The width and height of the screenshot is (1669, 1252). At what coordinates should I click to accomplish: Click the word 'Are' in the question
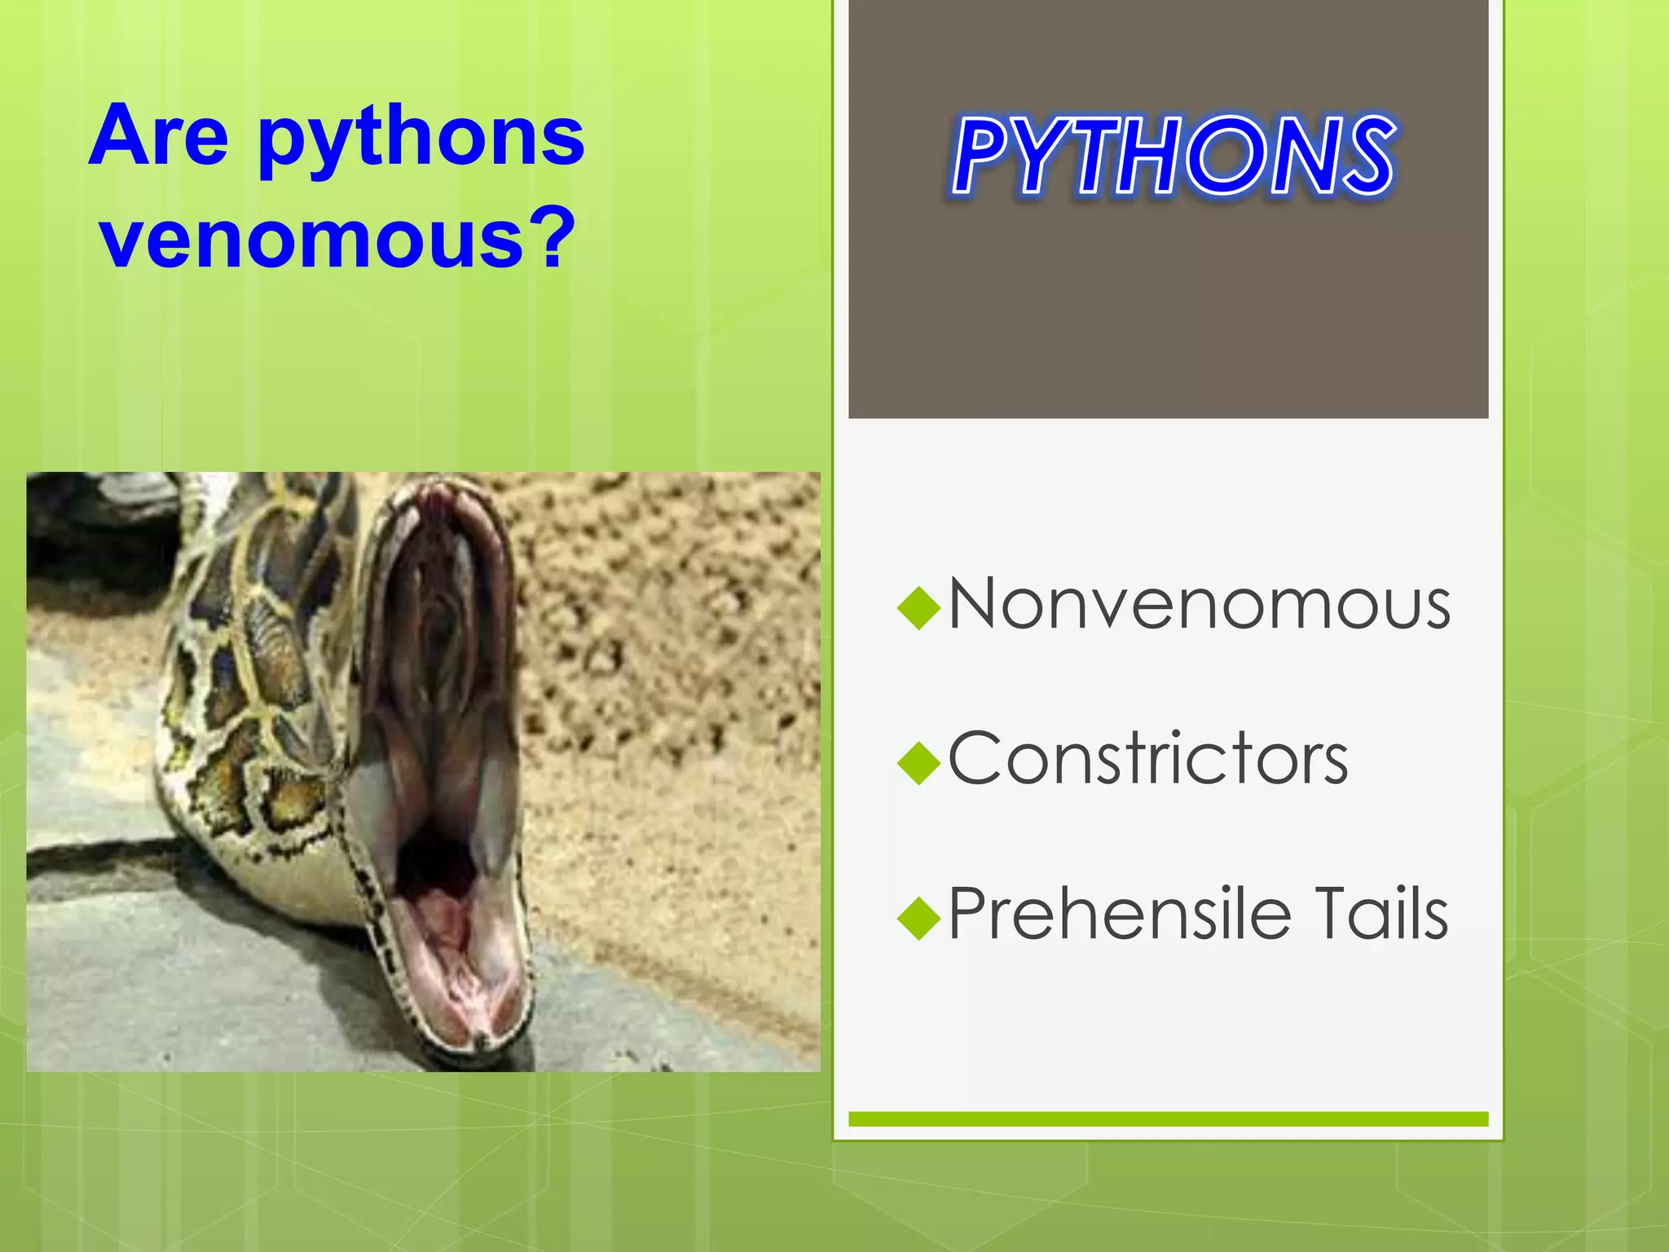click(159, 136)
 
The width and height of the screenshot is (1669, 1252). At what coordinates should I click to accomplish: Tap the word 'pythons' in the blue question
click(421, 139)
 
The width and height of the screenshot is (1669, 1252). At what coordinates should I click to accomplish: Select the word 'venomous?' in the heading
click(337, 238)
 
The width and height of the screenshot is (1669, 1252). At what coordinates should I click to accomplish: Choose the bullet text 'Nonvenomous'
click(1199, 605)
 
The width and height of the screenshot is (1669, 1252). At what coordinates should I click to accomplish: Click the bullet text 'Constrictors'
click(1147, 759)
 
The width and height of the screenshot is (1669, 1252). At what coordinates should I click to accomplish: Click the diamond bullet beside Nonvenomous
click(918, 608)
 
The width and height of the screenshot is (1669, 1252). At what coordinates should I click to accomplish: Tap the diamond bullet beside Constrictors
click(918, 763)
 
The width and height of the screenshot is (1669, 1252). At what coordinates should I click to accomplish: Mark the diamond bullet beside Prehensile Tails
click(918, 918)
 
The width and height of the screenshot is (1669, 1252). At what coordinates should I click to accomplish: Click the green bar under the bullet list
click(1168, 1119)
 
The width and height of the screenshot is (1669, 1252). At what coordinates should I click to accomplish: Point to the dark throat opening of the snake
click(432, 864)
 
